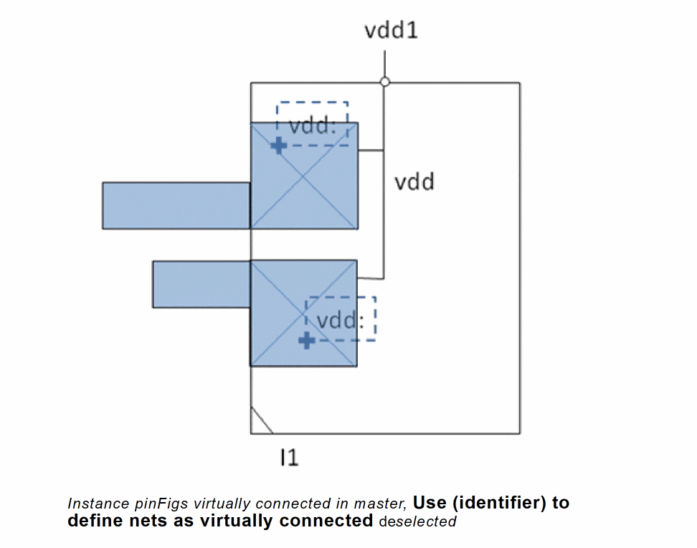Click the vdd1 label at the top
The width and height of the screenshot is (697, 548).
391,32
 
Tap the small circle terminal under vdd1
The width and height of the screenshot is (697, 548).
385,82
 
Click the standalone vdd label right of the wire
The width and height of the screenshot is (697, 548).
414,182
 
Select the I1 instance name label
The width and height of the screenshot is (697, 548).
289,457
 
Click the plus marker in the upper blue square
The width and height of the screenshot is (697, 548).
278,146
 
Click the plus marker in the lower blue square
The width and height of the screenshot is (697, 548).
306,340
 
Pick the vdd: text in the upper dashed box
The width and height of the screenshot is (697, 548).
312,127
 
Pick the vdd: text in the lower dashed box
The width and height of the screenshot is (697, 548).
341,320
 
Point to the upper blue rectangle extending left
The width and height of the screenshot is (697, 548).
176,205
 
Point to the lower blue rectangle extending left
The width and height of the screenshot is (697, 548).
201,284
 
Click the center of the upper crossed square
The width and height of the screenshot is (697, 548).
304,176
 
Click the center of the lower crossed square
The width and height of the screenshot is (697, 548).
303,313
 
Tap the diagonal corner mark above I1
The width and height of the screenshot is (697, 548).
261,422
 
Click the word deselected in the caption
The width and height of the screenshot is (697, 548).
417,521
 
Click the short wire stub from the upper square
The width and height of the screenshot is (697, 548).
371,151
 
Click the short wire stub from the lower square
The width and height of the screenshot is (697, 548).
370,278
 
